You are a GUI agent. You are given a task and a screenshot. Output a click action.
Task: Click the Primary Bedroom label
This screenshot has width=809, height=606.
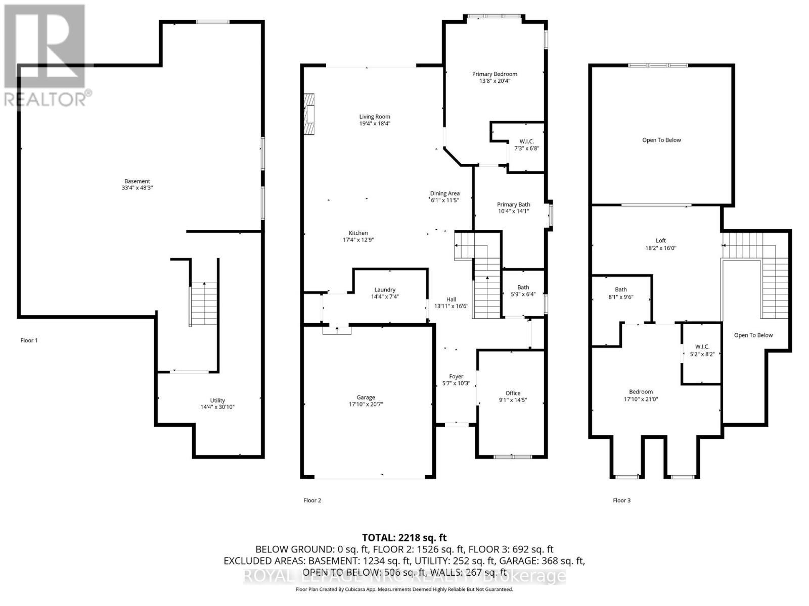(495, 74)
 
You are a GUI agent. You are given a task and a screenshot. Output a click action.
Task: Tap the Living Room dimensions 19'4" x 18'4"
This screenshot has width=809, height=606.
(375, 123)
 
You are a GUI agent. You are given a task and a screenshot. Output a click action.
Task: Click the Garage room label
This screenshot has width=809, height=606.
(366, 397)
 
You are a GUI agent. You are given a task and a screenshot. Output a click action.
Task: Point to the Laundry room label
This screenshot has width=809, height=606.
(385, 290)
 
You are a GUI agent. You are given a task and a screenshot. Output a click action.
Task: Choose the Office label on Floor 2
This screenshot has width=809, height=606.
(513, 393)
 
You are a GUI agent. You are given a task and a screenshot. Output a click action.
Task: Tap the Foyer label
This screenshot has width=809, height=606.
(456, 376)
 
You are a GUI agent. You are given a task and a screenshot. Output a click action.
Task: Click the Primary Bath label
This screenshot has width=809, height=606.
(513, 205)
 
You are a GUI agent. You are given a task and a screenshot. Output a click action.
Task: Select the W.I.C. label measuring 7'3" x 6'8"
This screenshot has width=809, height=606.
(526, 141)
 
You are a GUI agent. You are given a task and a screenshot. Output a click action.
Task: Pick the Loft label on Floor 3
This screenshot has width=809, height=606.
(661, 241)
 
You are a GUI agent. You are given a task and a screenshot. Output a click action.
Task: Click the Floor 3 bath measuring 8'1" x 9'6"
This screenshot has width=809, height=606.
(620, 293)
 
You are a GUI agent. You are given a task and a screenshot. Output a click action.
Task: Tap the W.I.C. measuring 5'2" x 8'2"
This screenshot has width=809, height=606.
(702, 350)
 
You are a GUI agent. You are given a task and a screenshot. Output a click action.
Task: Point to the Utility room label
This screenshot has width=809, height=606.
(217, 400)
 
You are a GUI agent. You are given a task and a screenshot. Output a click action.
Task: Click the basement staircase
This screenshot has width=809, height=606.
(204, 304)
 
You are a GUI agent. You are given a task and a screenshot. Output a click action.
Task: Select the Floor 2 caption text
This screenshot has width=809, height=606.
(312, 500)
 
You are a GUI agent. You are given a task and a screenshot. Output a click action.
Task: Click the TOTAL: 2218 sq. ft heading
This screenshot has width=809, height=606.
(404, 538)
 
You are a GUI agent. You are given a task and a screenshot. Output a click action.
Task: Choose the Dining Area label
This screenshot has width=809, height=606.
(444, 193)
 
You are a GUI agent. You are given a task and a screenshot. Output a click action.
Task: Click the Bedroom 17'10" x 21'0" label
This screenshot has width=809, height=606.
(641, 392)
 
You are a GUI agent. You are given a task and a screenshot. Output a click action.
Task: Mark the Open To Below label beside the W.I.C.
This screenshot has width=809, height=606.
(753, 335)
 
